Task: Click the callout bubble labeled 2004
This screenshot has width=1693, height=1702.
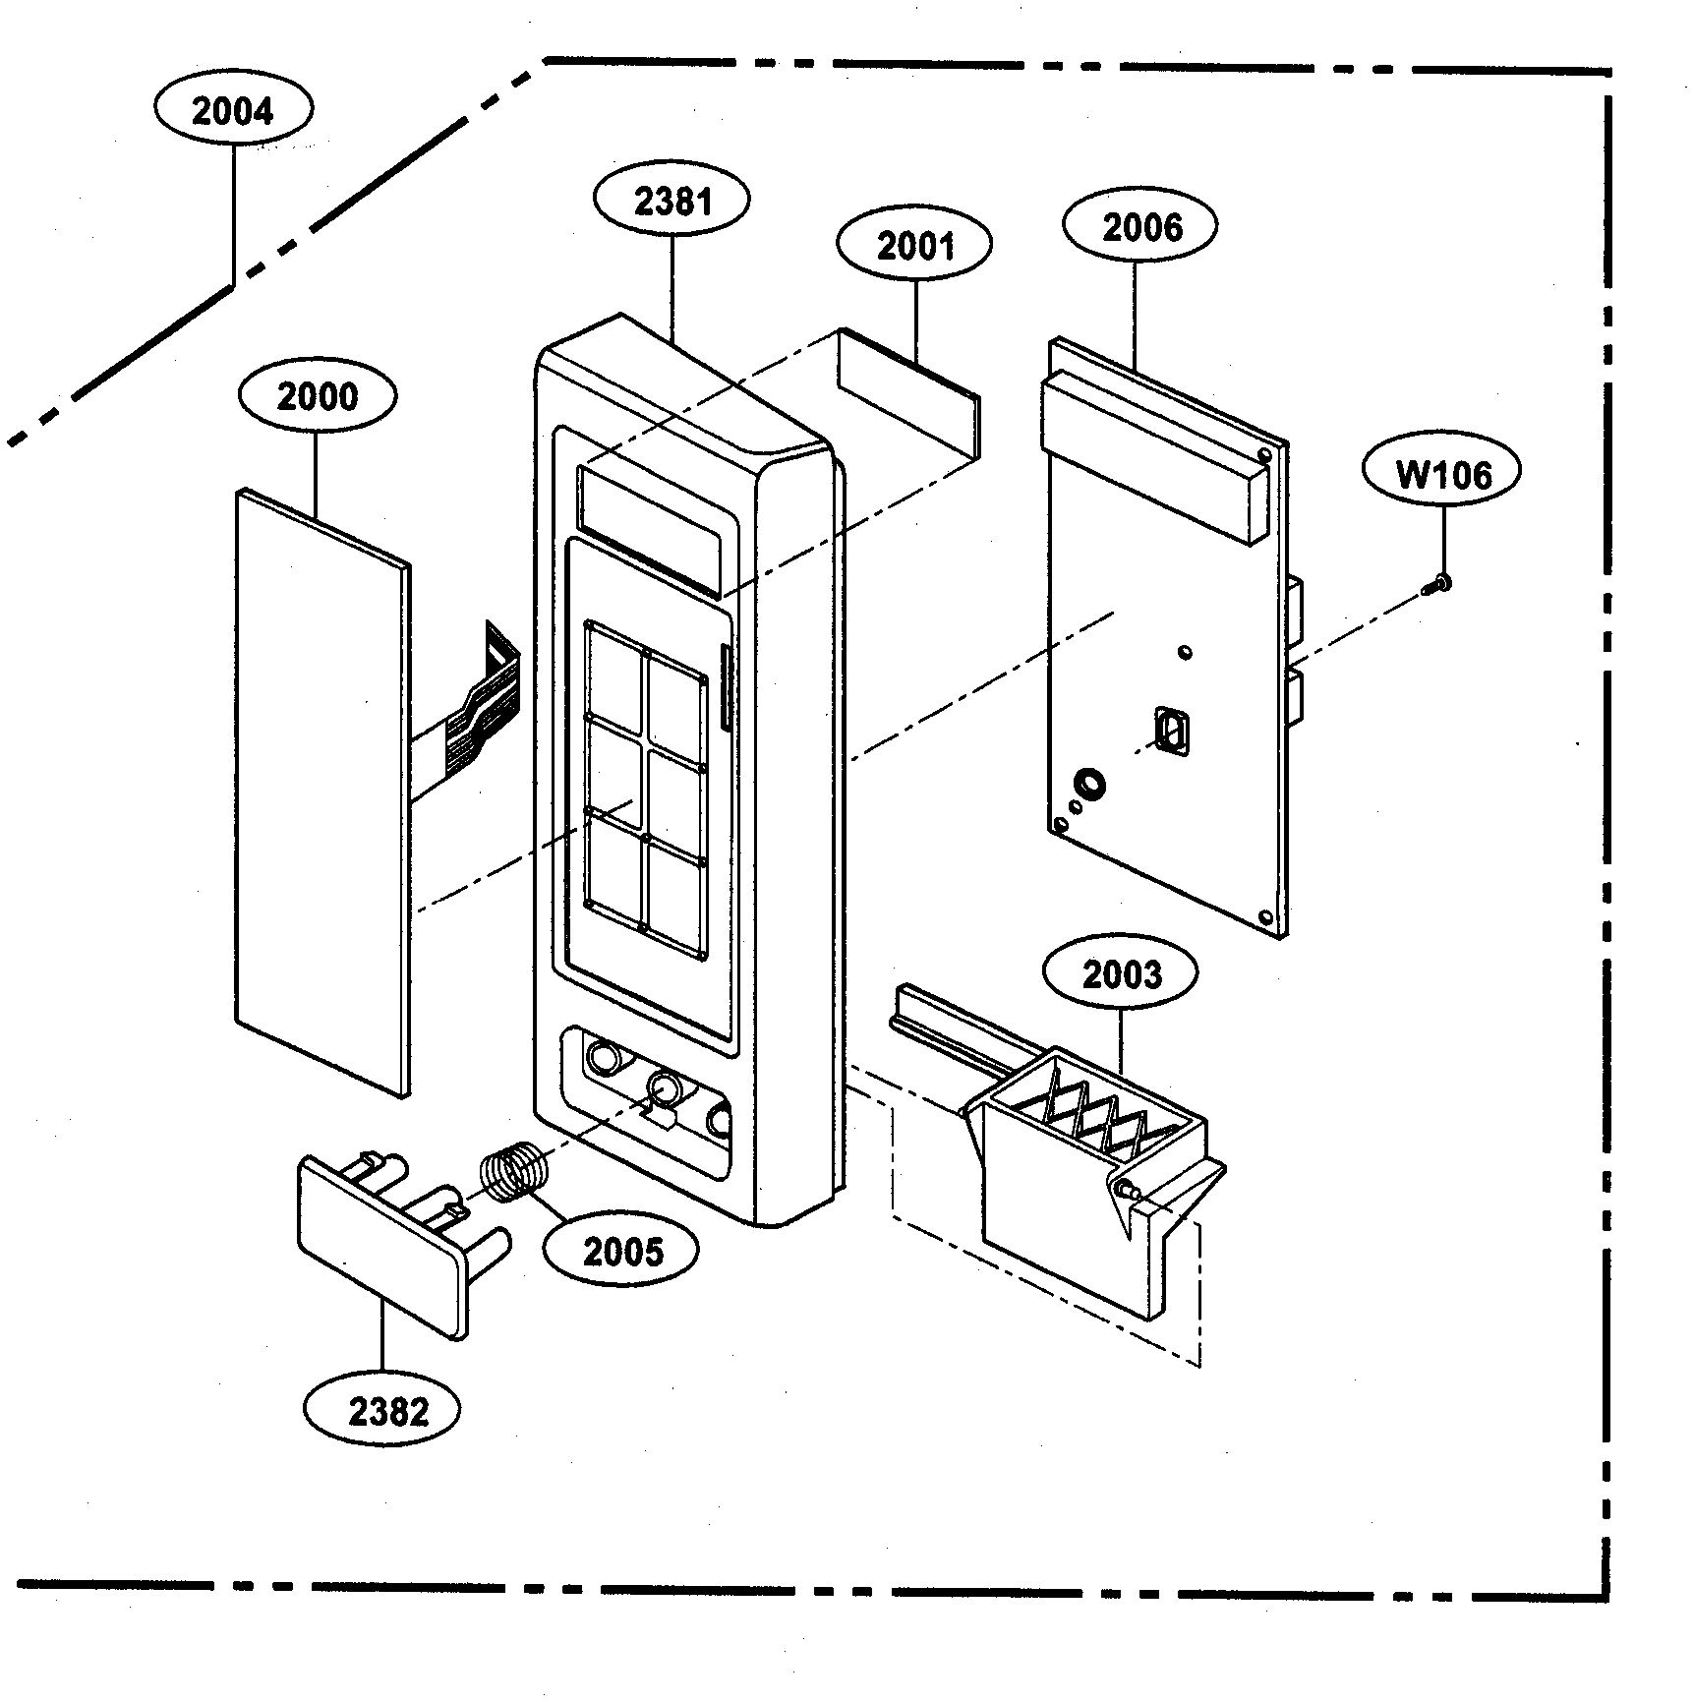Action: pyautogui.click(x=233, y=111)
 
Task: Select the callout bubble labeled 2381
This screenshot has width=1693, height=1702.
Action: pyautogui.click(x=672, y=202)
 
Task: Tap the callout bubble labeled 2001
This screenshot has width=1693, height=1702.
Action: pyautogui.click(x=914, y=246)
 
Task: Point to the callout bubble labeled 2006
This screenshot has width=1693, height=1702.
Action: pyautogui.click(x=1140, y=228)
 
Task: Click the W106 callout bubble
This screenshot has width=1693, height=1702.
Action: pyautogui.click(x=1442, y=476)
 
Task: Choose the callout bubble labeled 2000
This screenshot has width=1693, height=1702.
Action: pyautogui.click(x=318, y=397)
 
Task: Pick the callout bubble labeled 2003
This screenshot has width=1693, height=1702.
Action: pyautogui.click(x=1121, y=975)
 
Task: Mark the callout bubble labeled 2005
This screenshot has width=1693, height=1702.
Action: pyautogui.click(x=622, y=1253)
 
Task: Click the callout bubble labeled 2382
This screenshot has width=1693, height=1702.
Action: pyautogui.click(x=388, y=1412)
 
